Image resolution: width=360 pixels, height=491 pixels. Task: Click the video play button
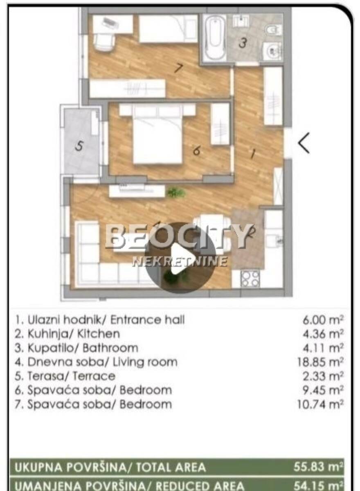tap(180, 258)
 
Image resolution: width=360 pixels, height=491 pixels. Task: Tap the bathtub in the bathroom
tap(214, 38)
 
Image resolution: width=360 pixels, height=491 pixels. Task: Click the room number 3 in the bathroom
tap(243, 43)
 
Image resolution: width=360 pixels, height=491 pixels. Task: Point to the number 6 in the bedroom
tap(196, 151)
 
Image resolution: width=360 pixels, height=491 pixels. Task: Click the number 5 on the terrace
tap(79, 146)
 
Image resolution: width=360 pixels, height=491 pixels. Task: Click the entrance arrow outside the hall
tap(304, 143)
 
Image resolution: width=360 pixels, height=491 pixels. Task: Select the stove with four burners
tap(250, 279)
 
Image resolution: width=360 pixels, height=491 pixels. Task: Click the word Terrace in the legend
tap(94, 376)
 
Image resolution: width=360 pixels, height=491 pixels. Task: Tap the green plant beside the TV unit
tap(176, 193)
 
